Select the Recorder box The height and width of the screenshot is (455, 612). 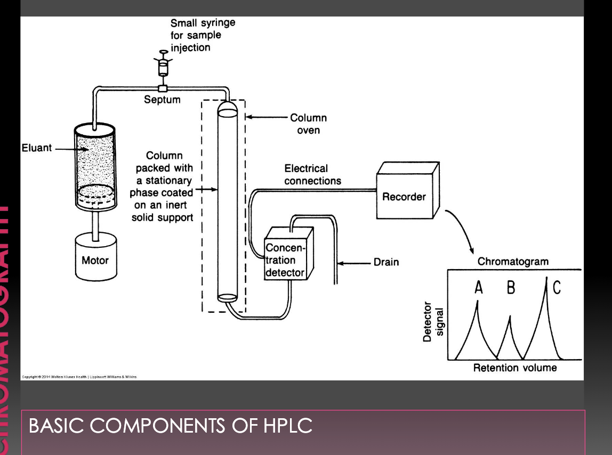[x=404, y=197]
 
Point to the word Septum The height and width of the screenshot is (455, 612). [x=162, y=100]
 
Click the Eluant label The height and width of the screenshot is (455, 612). [x=37, y=148]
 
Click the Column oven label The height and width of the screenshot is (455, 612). [x=308, y=124]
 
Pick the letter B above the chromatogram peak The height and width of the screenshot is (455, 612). [x=511, y=288]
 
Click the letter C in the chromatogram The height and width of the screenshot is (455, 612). [x=557, y=288]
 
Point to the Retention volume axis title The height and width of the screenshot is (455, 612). [x=514, y=368]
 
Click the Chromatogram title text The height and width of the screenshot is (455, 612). [x=512, y=261]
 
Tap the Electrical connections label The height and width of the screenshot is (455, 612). [x=312, y=175]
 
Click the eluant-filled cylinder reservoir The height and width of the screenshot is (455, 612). [x=95, y=165]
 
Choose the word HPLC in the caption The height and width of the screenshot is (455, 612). [x=287, y=426]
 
